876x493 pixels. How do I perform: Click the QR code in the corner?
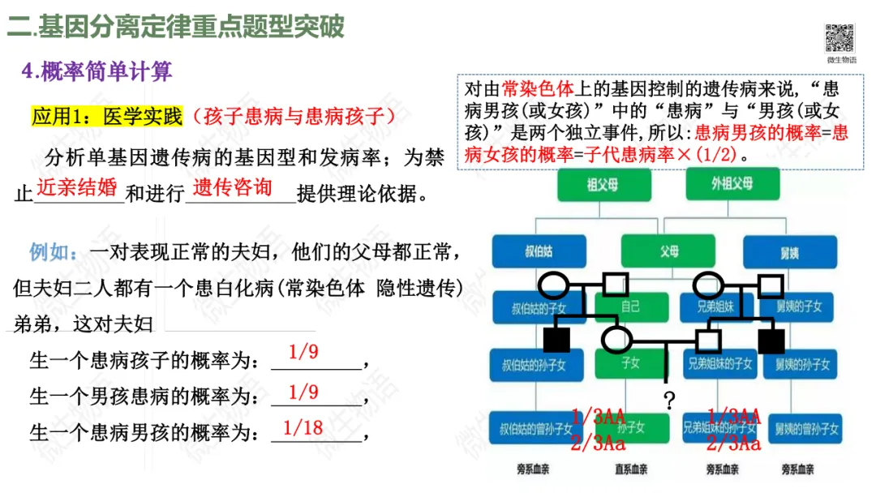[x=840, y=38]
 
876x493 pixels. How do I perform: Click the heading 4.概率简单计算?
[x=97, y=71]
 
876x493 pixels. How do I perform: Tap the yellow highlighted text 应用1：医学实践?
[x=107, y=117]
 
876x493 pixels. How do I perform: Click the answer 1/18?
[x=303, y=427]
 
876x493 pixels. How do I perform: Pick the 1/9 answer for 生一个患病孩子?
[x=303, y=352]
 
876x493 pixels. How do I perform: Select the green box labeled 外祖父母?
[x=732, y=185]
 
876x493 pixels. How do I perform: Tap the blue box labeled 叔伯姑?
[x=539, y=251]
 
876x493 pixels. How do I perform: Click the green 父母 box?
[x=668, y=251]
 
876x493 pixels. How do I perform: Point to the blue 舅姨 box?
[x=790, y=251]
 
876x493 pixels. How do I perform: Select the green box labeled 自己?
[x=630, y=307]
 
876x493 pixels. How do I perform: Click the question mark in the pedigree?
[x=669, y=400]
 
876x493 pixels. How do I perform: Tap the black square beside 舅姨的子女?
[x=771, y=341]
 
